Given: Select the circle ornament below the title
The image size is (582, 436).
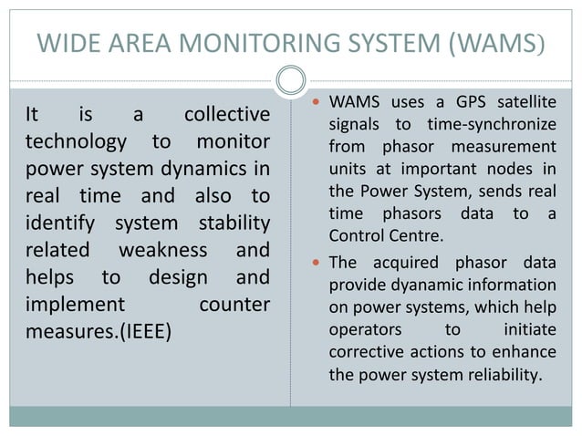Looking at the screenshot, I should (x=291, y=79).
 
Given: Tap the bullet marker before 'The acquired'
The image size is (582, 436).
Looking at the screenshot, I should (x=315, y=263).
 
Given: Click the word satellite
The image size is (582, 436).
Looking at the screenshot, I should (x=523, y=100).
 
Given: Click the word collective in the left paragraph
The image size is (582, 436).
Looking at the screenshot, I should (x=226, y=116).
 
